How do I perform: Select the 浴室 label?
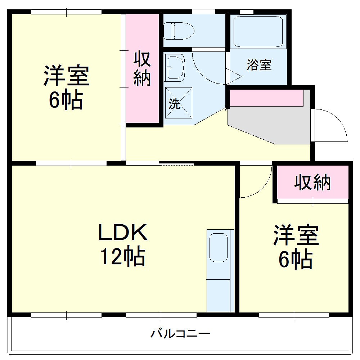(259, 66)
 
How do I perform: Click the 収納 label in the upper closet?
(142, 69)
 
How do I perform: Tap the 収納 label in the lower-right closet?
(312, 183)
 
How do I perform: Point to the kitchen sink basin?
(218, 247)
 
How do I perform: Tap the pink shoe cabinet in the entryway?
(266, 98)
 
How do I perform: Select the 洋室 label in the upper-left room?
(66, 76)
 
